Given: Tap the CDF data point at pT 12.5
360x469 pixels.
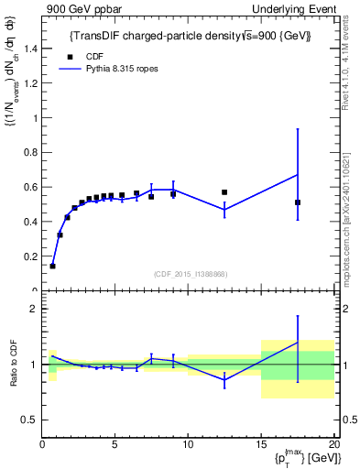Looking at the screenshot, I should (224, 192).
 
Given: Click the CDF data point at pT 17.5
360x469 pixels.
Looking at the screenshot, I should (298, 202).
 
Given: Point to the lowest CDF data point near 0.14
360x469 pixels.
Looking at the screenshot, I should (52, 266).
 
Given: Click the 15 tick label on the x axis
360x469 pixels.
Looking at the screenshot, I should (261, 445).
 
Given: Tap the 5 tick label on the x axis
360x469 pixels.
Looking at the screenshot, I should (115, 445).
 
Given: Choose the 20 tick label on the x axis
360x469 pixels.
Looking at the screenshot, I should (333, 445).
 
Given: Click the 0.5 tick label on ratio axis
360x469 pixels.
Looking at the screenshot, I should (28, 420).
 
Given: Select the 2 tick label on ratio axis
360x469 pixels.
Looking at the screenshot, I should (33, 310).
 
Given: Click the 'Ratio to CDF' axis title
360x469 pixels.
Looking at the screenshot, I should (13, 364).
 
